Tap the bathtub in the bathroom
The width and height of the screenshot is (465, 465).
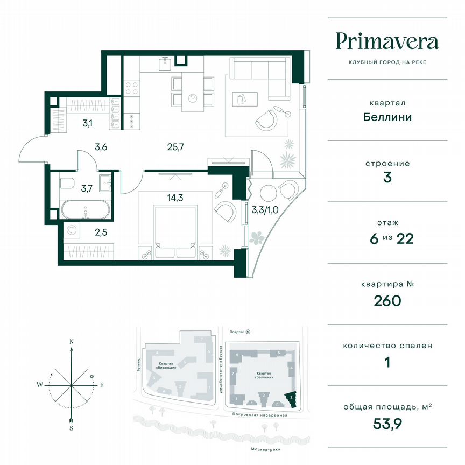86,209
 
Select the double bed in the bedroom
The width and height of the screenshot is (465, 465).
175,226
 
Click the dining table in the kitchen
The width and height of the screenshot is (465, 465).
193,91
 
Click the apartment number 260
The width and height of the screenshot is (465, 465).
386,300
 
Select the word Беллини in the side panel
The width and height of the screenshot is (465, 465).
386,117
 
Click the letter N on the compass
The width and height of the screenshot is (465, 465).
72,342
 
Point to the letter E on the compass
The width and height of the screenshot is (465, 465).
101,385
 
